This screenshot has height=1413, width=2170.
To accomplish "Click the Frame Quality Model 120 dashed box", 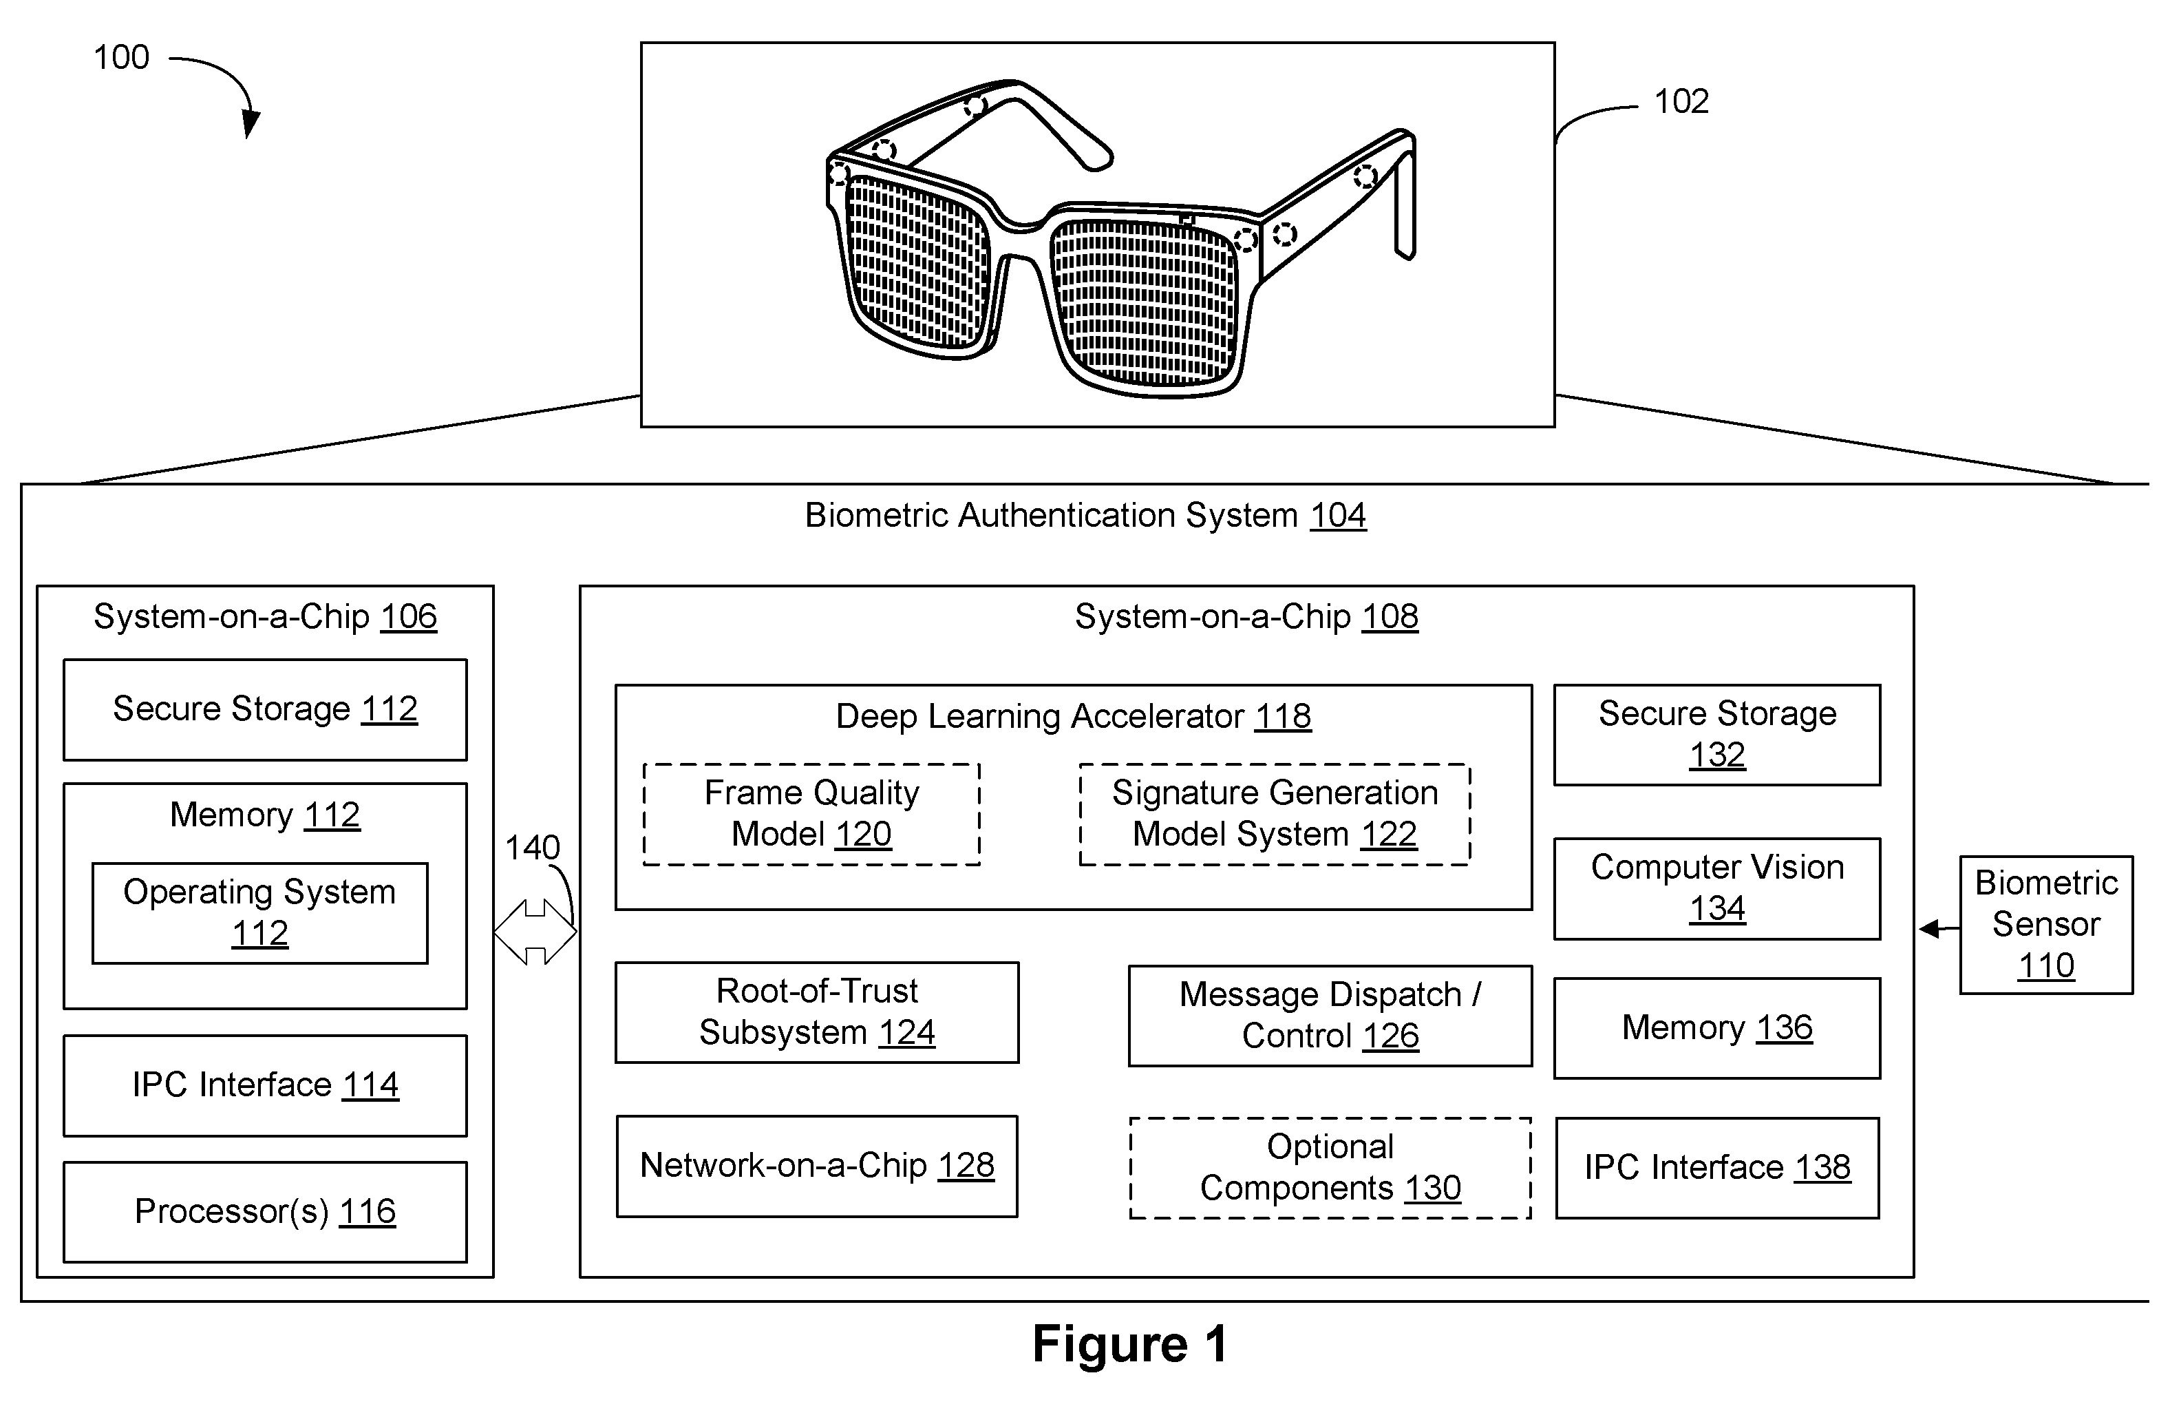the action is [811, 814].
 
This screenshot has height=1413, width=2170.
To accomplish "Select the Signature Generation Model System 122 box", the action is [1275, 814].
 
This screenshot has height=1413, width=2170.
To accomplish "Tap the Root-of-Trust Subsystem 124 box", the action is [817, 1012].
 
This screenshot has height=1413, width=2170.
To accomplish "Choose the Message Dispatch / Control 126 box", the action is [1330, 1015].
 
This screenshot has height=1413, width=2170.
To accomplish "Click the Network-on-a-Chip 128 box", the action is [817, 1166].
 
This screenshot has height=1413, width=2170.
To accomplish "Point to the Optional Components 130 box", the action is [1330, 1168].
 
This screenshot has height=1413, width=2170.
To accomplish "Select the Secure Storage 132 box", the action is [1717, 734].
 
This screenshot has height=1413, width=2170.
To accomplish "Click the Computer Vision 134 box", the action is [1717, 888].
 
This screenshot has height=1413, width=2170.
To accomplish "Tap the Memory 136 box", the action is [1717, 1028].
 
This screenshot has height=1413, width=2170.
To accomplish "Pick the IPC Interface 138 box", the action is [1717, 1168].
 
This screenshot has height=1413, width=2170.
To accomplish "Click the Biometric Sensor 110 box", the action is [2046, 924].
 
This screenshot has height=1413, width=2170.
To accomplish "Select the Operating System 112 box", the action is [260, 912].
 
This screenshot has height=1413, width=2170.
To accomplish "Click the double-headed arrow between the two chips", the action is [535, 932].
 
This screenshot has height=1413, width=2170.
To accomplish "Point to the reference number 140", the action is [533, 848].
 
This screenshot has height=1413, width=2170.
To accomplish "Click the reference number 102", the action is [1681, 101].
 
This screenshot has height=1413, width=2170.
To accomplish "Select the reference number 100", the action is [121, 57].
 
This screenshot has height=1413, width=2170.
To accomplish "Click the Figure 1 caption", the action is [1129, 1343].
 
